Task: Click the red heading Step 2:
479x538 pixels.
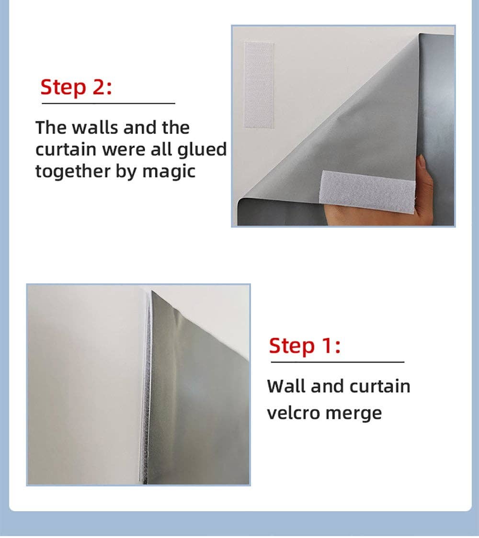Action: (x=76, y=87)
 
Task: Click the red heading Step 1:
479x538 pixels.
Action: (x=305, y=346)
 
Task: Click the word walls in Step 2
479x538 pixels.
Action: (x=95, y=128)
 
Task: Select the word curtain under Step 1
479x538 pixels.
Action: (x=380, y=386)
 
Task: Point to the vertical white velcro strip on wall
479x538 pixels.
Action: (x=259, y=85)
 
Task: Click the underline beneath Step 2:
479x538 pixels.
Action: (x=108, y=103)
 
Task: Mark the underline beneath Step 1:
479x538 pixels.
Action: (x=338, y=362)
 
